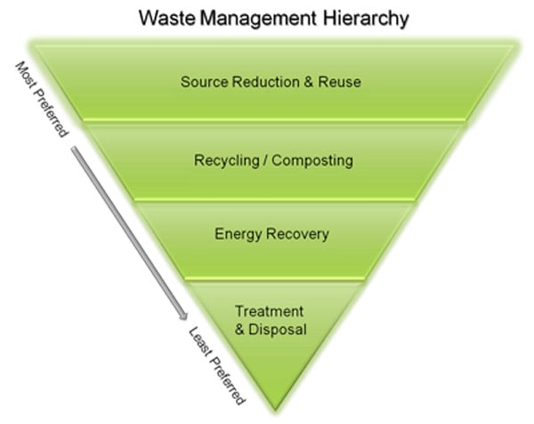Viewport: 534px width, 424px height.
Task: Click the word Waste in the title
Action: click(167, 18)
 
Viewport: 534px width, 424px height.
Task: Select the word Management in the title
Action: click(258, 19)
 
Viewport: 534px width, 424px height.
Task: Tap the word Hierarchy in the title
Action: click(366, 20)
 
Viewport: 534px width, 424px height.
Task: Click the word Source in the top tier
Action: click(205, 82)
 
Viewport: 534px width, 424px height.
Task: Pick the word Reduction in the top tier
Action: click(265, 82)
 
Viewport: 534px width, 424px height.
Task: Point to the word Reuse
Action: click(340, 82)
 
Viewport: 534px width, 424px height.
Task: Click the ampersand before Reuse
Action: click(308, 82)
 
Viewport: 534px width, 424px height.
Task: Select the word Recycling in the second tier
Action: click(227, 160)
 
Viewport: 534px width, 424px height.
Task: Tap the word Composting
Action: click(312, 160)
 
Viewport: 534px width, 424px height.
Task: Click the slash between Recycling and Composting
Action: click(265, 160)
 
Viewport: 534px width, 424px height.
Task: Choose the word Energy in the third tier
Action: click(238, 234)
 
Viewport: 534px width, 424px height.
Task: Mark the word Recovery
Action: click(297, 234)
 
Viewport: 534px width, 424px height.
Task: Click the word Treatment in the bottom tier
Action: click(269, 311)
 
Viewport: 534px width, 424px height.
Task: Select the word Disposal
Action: click(278, 330)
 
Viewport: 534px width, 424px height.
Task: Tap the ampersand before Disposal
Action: click(239, 330)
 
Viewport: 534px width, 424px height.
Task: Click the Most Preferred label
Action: click(42, 100)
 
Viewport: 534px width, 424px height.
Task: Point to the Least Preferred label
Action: click(216, 366)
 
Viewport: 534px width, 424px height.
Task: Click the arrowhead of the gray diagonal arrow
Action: click(184, 316)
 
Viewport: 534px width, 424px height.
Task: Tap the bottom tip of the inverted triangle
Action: click(275, 411)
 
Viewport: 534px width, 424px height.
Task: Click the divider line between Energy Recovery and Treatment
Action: click(275, 280)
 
